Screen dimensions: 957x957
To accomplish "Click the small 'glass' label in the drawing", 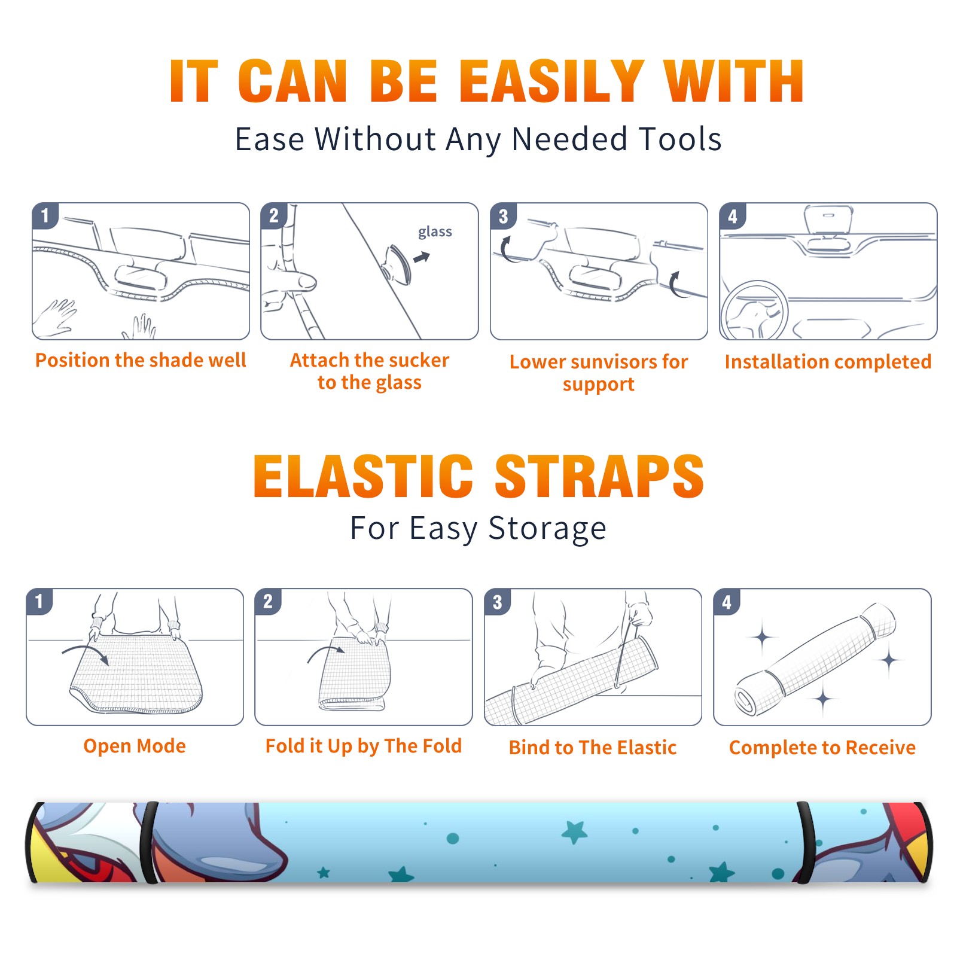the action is pyautogui.click(x=435, y=232).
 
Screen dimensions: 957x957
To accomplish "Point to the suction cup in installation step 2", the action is pyautogui.click(x=397, y=264).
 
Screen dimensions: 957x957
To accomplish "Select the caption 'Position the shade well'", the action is pyautogui.click(x=141, y=360).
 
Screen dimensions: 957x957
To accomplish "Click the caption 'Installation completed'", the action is pyautogui.click(x=828, y=362).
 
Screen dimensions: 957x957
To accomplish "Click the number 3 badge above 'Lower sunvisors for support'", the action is pyautogui.click(x=503, y=216).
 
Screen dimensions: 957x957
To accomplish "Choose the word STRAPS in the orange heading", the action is pyautogui.click(x=599, y=476).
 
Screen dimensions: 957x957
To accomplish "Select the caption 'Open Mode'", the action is pyautogui.click(x=135, y=746).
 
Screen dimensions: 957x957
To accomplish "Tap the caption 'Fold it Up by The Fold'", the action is pyautogui.click(x=364, y=746).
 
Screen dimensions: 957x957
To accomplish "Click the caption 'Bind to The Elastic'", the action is pyautogui.click(x=593, y=748).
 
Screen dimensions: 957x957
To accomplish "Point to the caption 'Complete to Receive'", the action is pyautogui.click(x=822, y=748).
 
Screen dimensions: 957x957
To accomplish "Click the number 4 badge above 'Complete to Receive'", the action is pyautogui.click(x=727, y=602).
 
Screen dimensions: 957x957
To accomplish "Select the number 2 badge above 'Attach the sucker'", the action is pyautogui.click(x=274, y=216).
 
